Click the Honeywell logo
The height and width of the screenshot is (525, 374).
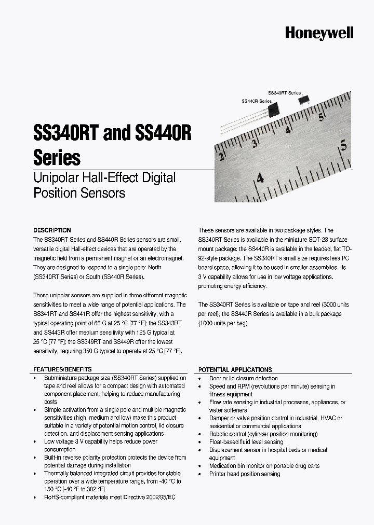pos(319,33)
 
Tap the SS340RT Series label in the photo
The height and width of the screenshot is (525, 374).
pos(284,92)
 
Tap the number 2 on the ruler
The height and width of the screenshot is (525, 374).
pos(222,157)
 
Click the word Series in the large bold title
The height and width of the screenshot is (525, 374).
pos(57,157)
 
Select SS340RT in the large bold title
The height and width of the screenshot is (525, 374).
pos(66,134)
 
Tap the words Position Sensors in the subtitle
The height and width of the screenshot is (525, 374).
pos(79,193)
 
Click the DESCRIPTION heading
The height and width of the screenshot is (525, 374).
pos(52,230)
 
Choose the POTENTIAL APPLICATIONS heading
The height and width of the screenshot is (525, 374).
pos(235,370)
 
